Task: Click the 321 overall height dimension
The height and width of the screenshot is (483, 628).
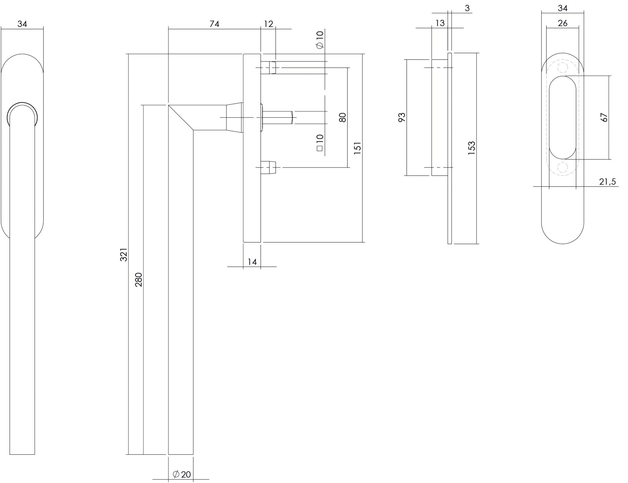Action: tap(123, 255)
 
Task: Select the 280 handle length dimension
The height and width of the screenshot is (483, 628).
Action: tap(139, 279)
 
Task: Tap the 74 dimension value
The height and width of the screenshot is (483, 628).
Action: tap(214, 24)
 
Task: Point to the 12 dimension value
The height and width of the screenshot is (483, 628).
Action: tap(268, 24)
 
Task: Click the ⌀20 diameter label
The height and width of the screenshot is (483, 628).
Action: tap(182, 474)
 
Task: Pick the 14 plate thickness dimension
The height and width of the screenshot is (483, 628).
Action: tap(252, 262)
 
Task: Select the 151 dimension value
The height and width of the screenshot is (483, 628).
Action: tap(358, 148)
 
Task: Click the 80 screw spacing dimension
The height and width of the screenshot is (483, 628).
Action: tap(343, 117)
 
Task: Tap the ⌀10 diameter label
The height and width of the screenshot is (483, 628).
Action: tap(320, 40)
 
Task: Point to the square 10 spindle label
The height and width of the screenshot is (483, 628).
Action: tap(320, 143)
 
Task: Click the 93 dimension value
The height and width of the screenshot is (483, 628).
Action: tap(402, 117)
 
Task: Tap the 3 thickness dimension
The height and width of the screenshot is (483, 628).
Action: tap(467, 8)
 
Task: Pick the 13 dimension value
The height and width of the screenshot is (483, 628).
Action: tap(440, 23)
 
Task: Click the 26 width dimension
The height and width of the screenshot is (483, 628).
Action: tap(563, 23)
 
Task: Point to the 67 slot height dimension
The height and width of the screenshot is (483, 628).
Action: tap(604, 117)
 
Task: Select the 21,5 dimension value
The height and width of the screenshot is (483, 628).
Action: tap(607, 182)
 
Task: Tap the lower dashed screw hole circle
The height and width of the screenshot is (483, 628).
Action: tap(562, 167)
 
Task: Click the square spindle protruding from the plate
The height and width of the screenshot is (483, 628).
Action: tap(278, 117)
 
